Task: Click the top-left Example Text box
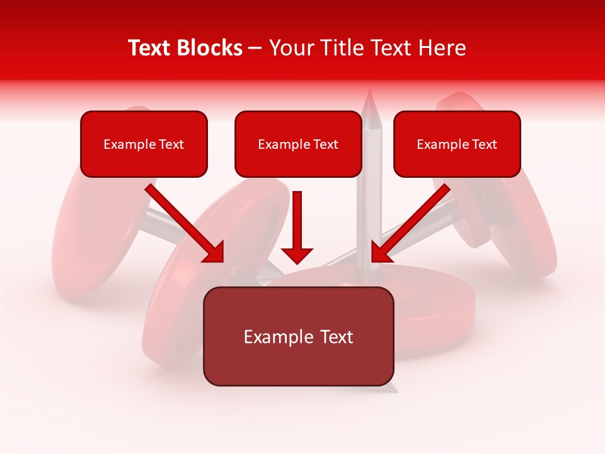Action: (144, 144)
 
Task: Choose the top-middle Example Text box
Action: (298, 144)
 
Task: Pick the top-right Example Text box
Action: (457, 144)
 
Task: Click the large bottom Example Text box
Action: (298, 337)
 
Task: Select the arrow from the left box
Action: (184, 223)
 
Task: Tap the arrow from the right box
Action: (411, 223)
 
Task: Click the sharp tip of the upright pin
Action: (370, 93)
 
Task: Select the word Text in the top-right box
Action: (485, 144)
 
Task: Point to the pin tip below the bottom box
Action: (395, 390)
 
